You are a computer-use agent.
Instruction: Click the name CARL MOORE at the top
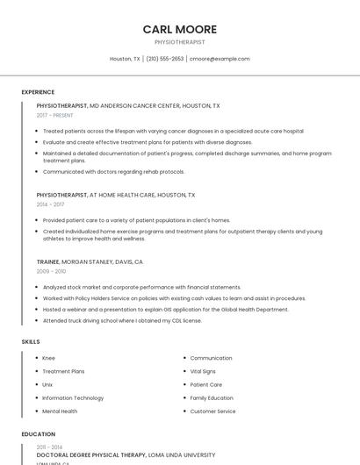tap(179, 29)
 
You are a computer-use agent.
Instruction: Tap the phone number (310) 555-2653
tap(164, 59)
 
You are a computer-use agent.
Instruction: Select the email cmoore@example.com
tap(220, 59)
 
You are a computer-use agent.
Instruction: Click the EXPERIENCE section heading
tap(38, 92)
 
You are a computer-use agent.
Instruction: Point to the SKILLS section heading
tap(31, 341)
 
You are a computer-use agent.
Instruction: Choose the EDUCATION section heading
tap(38, 434)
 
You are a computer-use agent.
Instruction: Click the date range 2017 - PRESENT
tap(54, 115)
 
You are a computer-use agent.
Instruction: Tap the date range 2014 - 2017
tap(50, 204)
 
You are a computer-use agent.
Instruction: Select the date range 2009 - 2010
tap(51, 271)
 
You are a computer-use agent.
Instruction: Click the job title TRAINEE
tap(47, 261)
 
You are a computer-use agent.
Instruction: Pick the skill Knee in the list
tap(48, 358)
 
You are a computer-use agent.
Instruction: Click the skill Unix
tap(47, 384)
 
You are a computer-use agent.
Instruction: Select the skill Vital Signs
tap(203, 371)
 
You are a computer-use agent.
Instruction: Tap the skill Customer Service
tap(212, 411)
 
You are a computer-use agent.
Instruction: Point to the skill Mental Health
tap(60, 411)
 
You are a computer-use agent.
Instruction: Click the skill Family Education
tap(212, 397)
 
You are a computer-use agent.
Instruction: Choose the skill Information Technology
tap(73, 397)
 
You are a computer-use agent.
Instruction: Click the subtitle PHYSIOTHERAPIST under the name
tap(179, 42)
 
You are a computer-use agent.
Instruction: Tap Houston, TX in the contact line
tap(125, 59)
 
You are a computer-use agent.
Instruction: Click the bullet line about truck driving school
tap(122, 320)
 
